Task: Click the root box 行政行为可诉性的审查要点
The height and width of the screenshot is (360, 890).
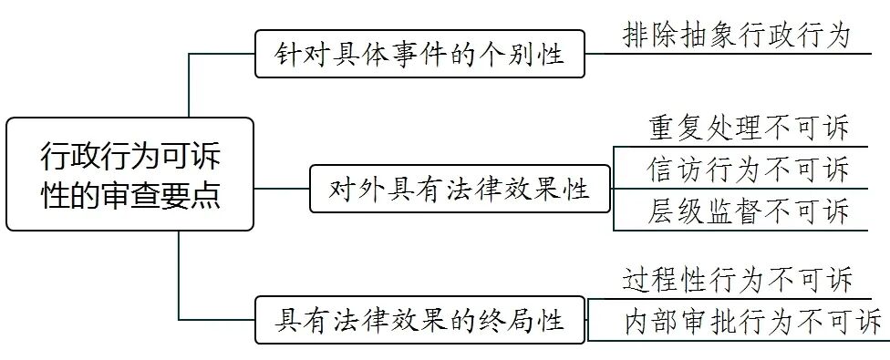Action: (129, 174)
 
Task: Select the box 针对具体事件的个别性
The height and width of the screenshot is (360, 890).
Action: (419, 54)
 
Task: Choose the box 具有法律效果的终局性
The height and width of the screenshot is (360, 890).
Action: (419, 319)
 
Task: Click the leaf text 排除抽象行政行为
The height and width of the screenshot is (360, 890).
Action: (736, 36)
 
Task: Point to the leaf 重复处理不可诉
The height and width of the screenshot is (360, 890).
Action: (749, 128)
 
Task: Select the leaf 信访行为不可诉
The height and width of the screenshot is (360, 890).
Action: (749, 169)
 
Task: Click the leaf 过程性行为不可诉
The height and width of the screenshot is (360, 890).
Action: (736, 280)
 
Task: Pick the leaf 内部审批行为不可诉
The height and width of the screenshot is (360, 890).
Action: (753, 321)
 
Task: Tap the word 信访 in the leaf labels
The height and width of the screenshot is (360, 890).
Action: (670, 169)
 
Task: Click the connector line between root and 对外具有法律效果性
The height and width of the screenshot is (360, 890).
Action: (281, 189)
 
